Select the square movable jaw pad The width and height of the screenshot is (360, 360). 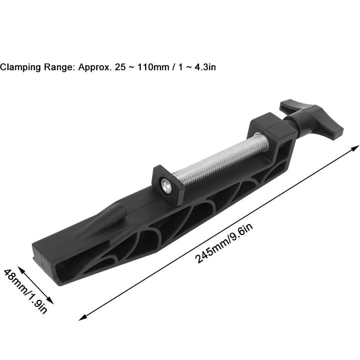tap(168, 184)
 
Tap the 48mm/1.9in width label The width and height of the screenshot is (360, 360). tap(26, 291)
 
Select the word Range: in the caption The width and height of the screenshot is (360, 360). tap(60, 67)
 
